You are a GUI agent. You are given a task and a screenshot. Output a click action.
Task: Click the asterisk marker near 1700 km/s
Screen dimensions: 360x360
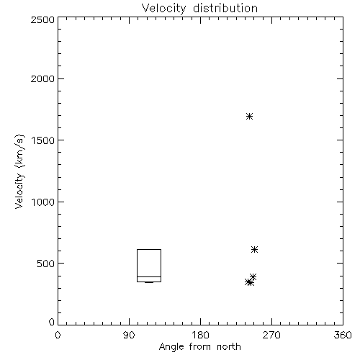(249, 117)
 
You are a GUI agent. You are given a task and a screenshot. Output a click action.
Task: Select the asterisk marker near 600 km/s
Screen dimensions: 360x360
(254, 250)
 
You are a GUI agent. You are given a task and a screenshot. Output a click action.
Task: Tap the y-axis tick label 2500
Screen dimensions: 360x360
(42, 19)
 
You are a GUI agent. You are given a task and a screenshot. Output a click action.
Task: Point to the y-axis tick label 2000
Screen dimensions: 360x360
(42, 78)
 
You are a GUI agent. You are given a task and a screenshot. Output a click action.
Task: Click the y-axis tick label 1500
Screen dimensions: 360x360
(43, 140)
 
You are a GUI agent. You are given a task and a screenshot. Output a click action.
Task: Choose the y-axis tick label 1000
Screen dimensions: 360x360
(43, 202)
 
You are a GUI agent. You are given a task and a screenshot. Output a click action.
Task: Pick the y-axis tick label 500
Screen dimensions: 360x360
(46, 264)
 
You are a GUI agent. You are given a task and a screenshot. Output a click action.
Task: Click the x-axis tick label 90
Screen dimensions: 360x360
(129, 335)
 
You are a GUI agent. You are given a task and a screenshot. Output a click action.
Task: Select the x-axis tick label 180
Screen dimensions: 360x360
(200, 335)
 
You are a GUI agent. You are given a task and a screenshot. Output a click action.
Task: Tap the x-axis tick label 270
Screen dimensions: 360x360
(271, 335)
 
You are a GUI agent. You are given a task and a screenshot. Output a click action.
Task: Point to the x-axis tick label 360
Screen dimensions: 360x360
(343, 335)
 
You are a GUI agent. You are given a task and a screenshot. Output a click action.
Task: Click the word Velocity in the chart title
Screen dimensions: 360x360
(164, 9)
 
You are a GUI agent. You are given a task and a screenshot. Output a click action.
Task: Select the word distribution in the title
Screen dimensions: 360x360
(225, 8)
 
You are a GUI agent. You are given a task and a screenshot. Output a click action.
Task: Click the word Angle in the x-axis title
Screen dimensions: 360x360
(171, 347)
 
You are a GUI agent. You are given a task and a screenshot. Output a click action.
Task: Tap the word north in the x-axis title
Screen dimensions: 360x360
(229, 346)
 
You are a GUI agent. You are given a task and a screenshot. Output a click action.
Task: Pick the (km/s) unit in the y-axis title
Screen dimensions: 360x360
(19, 151)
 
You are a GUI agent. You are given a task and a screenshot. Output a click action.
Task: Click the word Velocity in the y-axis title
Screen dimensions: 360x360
(19, 191)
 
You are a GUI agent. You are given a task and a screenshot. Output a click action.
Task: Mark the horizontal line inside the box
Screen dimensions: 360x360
(149, 276)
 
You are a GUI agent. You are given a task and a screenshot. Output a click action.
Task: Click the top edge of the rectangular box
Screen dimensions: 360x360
(149, 250)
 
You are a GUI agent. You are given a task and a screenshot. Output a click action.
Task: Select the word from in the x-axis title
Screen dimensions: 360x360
(200, 346)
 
